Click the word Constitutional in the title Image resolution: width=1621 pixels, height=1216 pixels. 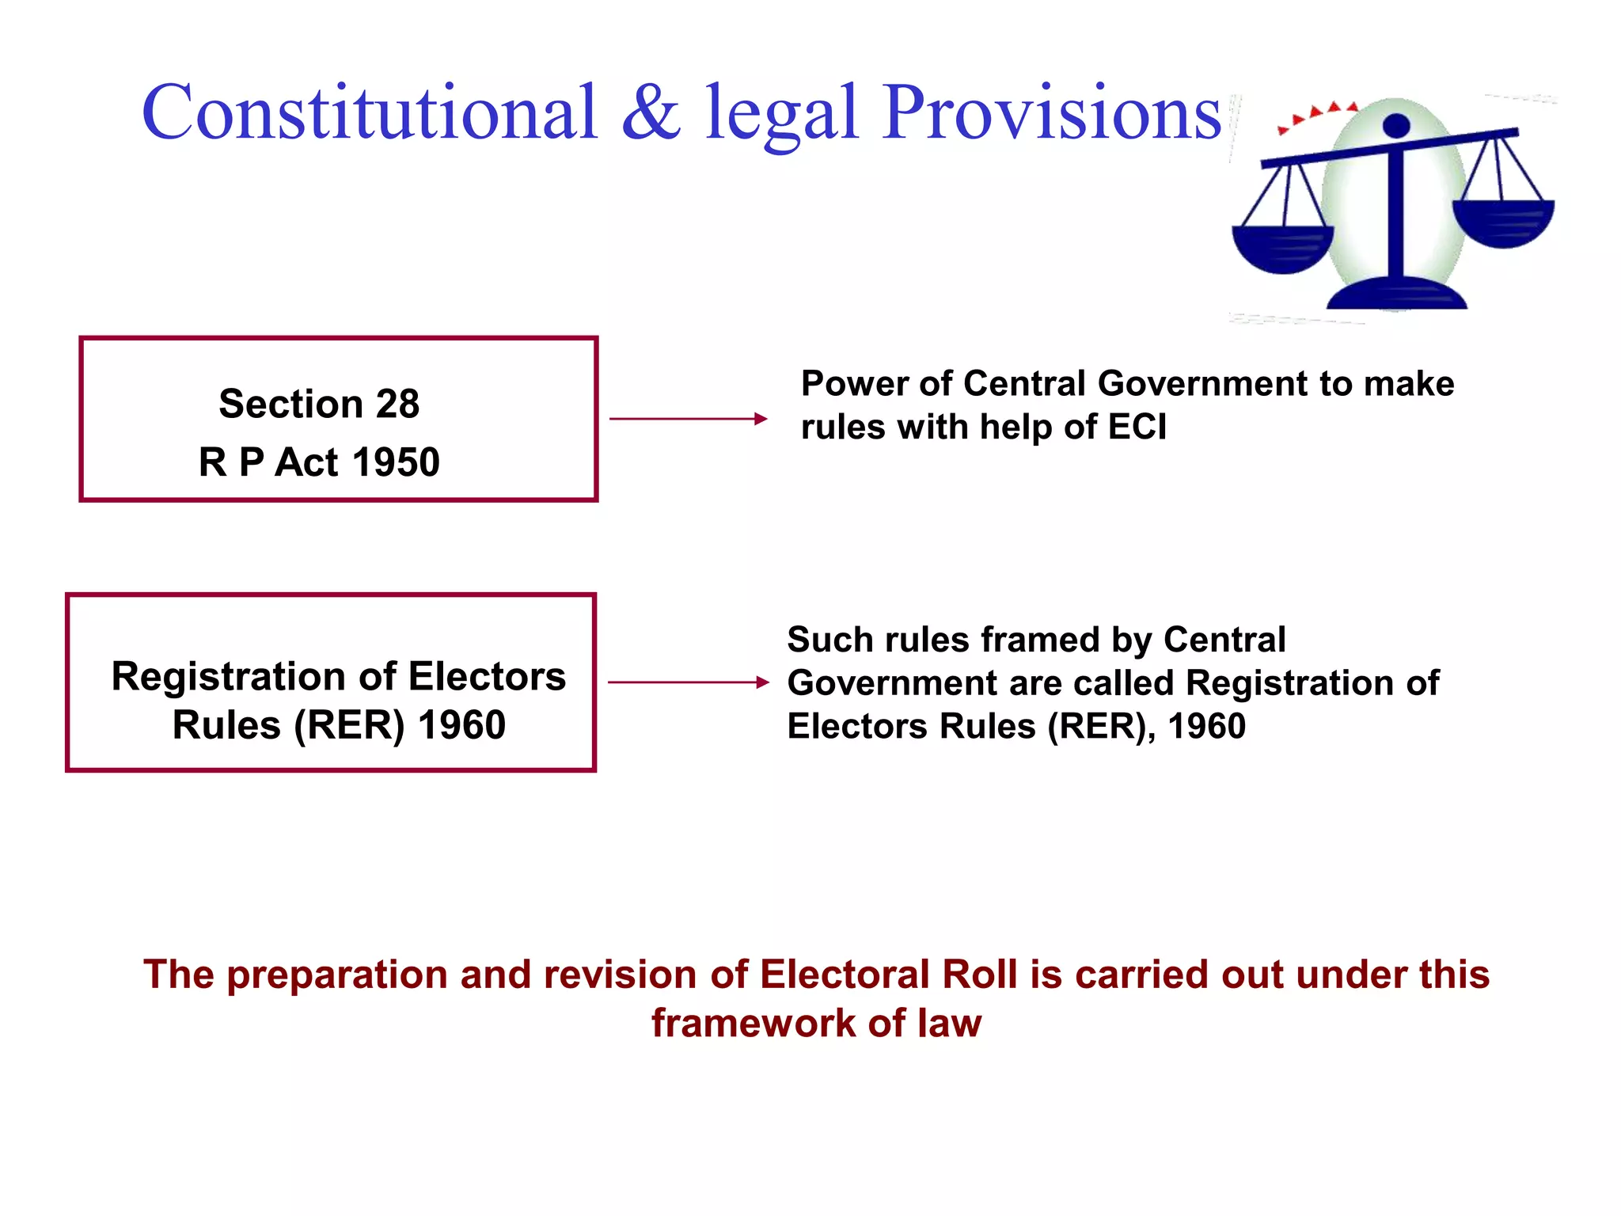(369, 112)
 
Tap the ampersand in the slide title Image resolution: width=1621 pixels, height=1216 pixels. (651, 112)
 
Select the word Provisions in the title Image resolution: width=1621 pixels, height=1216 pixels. (1053, 112)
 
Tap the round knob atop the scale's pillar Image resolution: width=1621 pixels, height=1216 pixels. (1396, 125)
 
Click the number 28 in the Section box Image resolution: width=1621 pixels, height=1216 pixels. (397, 405)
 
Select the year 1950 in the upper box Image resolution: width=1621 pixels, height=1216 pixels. (396, 462)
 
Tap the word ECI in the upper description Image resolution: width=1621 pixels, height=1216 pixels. (1137, 427)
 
